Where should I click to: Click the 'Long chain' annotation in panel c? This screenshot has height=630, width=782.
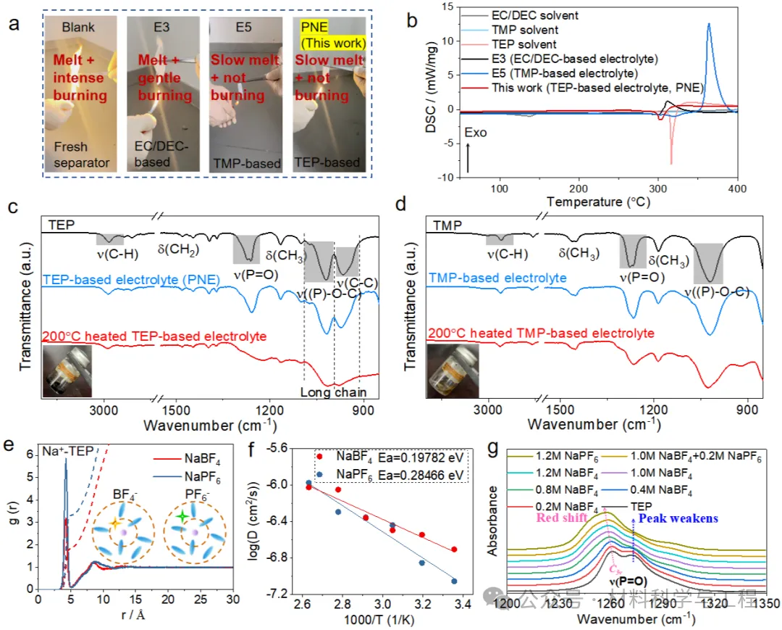333,393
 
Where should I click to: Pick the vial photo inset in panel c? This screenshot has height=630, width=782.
67,371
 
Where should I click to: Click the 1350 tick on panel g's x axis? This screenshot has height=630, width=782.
754,602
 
